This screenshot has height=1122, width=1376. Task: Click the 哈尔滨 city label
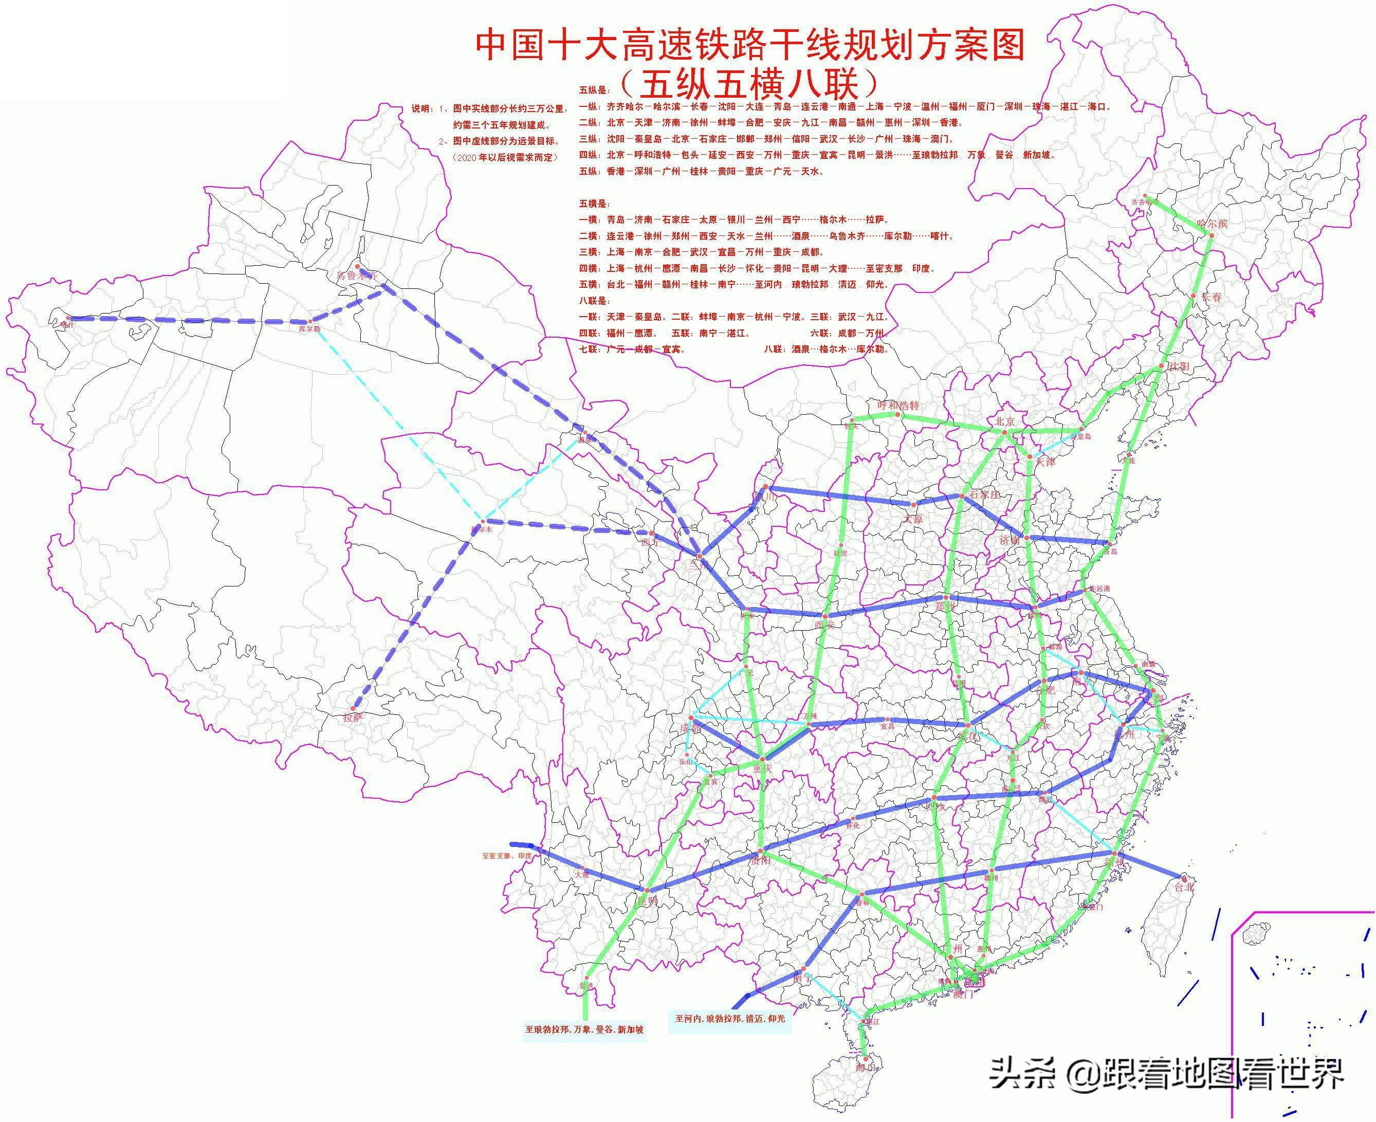tap(1212, 224)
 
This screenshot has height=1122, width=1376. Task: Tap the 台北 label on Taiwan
tap(1184, 888)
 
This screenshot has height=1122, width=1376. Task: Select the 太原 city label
tap(912, 519)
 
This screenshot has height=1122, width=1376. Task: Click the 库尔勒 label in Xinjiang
tap(309, 328)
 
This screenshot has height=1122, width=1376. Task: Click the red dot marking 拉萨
tap(354, 708)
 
